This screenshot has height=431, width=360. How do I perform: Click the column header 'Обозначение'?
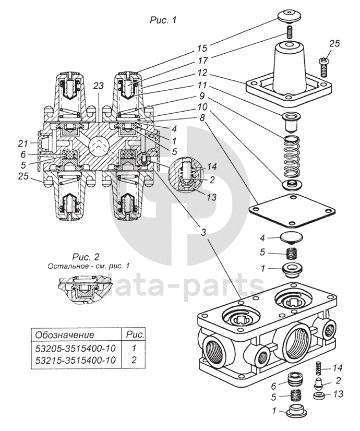(63, 334)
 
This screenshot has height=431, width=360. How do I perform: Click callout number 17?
(202, 61)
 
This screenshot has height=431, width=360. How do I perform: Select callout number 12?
(202, 73)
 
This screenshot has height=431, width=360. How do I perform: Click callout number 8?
(202, 118)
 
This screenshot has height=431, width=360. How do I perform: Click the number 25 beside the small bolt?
(334, 43)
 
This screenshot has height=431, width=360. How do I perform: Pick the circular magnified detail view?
(187, 176)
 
